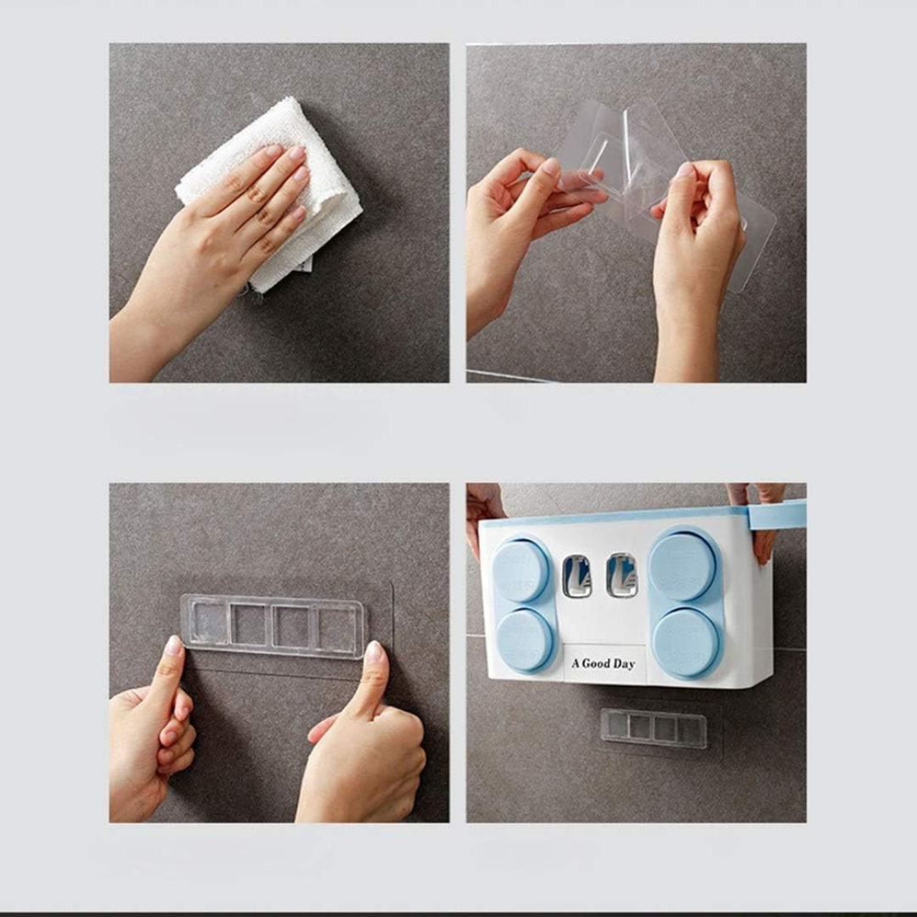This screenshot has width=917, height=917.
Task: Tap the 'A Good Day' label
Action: click(603, 663)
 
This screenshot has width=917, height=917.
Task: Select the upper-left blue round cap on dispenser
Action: click(520, 570)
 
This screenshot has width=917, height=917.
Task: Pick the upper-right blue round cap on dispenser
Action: click(682, 565)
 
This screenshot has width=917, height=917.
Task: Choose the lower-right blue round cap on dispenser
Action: click(686, 642)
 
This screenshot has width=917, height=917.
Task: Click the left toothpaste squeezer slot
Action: click(577, 576)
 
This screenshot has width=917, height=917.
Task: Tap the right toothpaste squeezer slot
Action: click(621, 576)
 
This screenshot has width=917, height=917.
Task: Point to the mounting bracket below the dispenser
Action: click(654, 728)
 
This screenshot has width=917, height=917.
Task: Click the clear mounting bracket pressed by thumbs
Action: click(273, 626)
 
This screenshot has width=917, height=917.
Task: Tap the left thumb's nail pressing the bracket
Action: click(173, 647)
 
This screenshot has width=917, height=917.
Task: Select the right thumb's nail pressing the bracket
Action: click(373, 653)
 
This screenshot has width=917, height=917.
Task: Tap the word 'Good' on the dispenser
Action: click(597, 664)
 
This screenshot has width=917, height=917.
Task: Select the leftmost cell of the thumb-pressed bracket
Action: click(207, 624)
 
